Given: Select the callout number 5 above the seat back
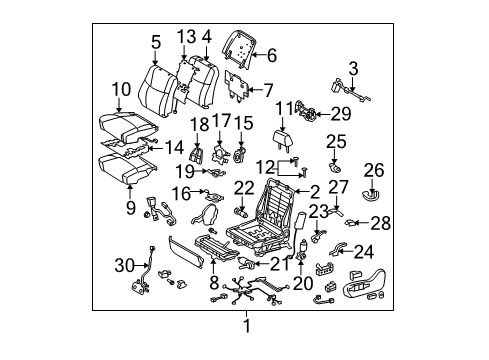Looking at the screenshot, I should (156, 42).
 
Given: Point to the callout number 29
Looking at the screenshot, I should (340, 114).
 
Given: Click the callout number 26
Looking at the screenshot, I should (373, 169).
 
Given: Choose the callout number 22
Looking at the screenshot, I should (244, 187).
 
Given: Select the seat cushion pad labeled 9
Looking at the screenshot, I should (123, 161).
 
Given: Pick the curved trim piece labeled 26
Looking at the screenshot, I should (372, 189).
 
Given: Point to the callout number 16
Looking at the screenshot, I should (182, 192).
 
